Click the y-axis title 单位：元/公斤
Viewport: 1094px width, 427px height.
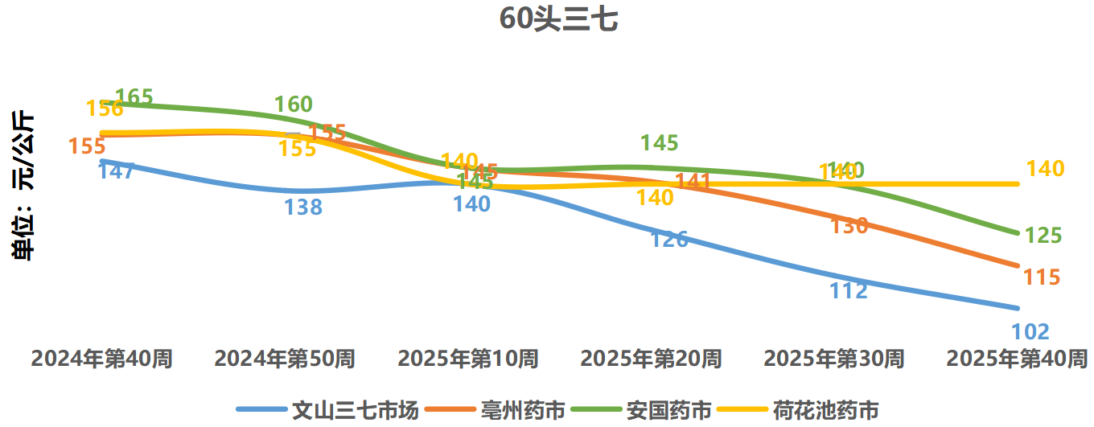click(x=23, y=186)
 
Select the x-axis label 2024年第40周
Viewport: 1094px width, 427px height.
click(x=101, y=359)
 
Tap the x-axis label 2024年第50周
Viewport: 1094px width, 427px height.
click(x=284, y=359)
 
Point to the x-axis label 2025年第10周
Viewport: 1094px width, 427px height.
click(x=467, y=359)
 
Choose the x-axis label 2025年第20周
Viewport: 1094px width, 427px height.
click(x=651, y=359)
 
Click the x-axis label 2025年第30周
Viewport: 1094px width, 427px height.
click(x=833, y=359)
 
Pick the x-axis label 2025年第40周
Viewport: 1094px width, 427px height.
click(x=1017, y=359)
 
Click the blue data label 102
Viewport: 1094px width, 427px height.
click(x=1030, y=331)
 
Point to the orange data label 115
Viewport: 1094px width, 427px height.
click(x=1042, y=277)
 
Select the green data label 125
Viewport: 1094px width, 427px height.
click(x=1043, y=236)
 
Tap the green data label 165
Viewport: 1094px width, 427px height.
click(x=134, y=98)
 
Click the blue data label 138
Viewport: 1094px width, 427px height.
click(x=302, y=207)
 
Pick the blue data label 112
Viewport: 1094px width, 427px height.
click(x=849, y=290)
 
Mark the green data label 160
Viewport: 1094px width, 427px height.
click(x=294, y=105)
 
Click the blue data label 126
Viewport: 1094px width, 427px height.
click(x=669, y=239)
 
